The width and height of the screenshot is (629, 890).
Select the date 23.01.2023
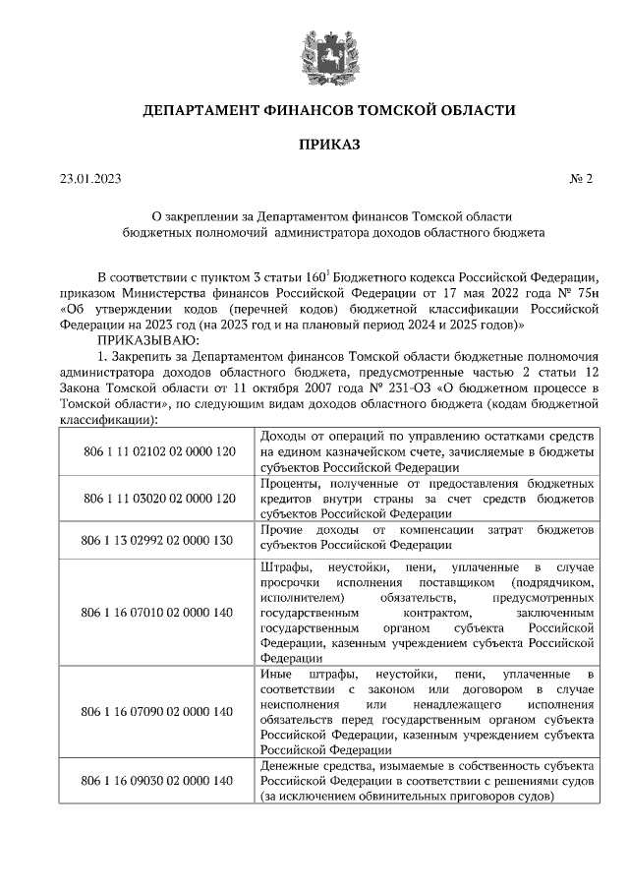(89, 178)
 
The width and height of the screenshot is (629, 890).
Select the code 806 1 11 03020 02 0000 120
(158, 499)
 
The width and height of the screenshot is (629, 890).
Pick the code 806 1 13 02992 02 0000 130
(158, 539)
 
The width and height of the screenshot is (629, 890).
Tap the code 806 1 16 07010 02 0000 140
(158, 613)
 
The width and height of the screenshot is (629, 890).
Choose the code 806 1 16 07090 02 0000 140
(158, 711)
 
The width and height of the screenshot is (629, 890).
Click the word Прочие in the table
(284, 530)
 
